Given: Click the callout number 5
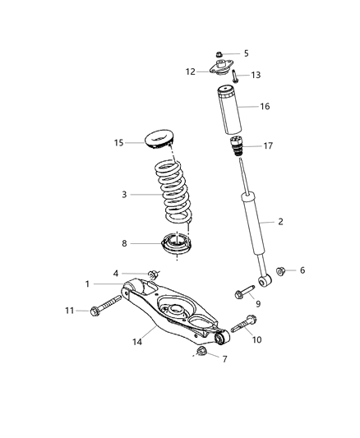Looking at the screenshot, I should pyautogui.click(x=246, y=53).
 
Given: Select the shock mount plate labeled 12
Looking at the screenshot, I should pyautogui.click(x=221, y=71).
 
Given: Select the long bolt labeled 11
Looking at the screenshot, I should pyautogui.click(x=108, y=311).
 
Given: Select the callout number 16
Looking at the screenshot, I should pyautogui.click(x=265, y=107).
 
